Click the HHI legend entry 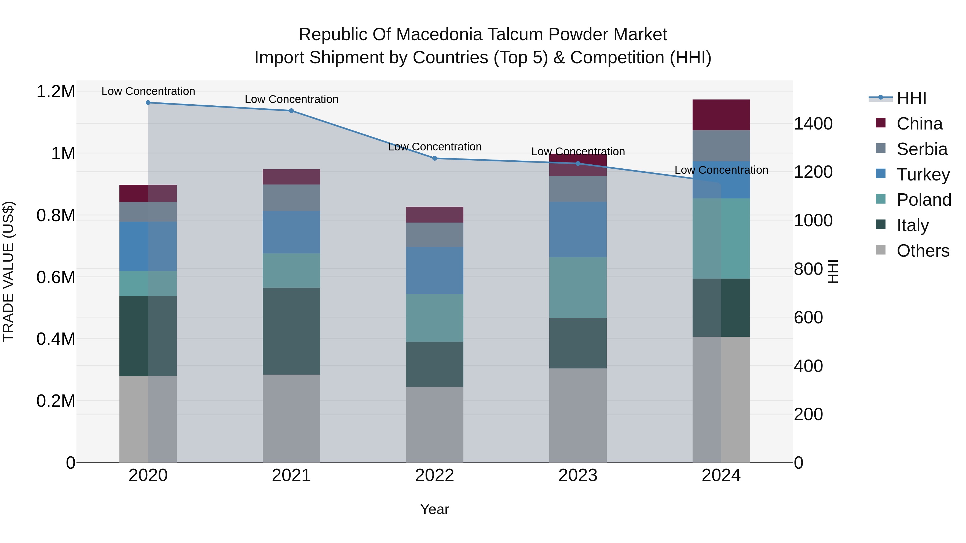pos(911,98)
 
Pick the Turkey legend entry pos(923,175)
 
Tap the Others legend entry pos(923,251)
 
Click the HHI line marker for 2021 pos(291,110)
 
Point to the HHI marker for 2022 pos(435,158)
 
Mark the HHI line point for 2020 pos(148,103)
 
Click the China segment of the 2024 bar pos(721,115)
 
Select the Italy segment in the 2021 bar pos(291,331)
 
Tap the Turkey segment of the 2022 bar pos(435,270)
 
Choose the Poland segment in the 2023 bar pos(578,287)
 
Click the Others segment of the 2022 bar pos(435,424)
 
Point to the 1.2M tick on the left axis pos(56,92)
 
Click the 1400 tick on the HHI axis pos(813,124)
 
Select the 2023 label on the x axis pos(578,475)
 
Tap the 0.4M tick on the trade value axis pos(56,339)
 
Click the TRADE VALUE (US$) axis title pos(8,271)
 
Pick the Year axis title pos(435,509)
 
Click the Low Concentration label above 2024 pos(721,170)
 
